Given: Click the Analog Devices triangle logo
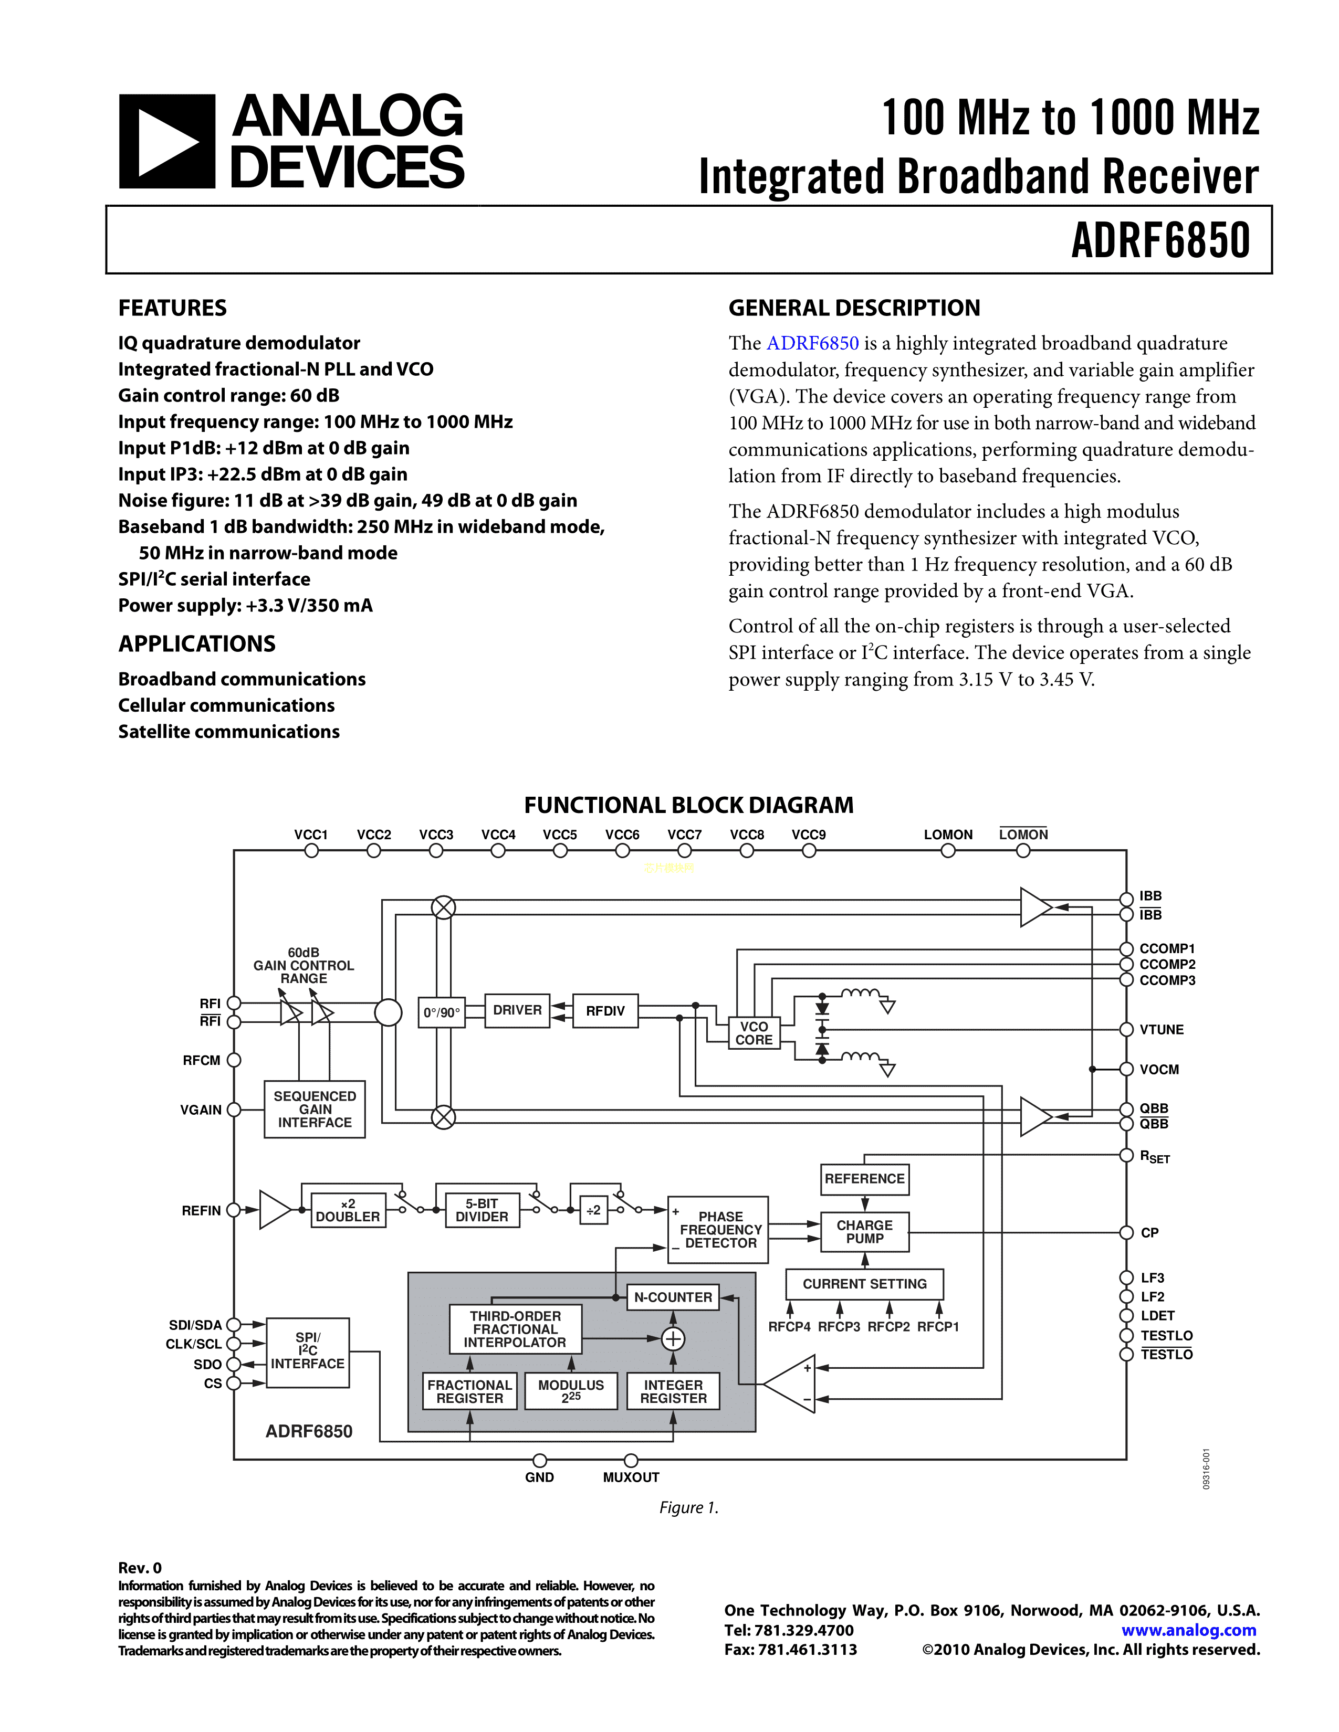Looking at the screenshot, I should (x=166, y=142).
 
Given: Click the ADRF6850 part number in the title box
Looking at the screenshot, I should (x=1160, y=241).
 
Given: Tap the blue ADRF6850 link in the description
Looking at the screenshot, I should (x=812, y=343).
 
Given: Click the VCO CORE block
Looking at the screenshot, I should (x=754, y=1032).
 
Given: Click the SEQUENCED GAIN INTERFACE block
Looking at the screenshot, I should (x=315, y=1108).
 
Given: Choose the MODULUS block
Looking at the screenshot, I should (x=571, y=1391).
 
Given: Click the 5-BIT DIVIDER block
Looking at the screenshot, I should (x=482, y=1210).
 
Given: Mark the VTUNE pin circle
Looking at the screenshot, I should (x=1126, y=1029).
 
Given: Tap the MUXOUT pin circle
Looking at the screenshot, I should (x=631, y=1460).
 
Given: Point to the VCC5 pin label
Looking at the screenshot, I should (x=560, y=835).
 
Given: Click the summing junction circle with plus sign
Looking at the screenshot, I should (x=673, y=1339).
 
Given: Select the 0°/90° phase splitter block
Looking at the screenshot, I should (x=441, y=1013).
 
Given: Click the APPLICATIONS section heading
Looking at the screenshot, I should (x=197, y=644).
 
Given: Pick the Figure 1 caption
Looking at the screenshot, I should (x=688, y=1507).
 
